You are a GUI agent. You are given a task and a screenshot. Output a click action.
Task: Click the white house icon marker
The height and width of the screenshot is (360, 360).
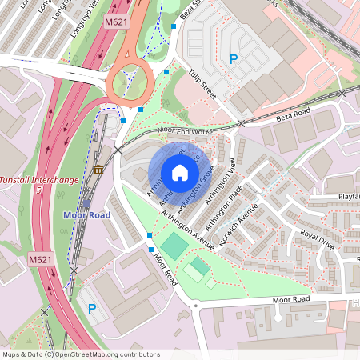coord(179,172)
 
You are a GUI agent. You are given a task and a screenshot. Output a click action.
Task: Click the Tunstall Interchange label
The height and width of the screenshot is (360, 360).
coord(39,180)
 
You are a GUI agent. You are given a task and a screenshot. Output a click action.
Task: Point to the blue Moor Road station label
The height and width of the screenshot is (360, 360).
coord(87,215)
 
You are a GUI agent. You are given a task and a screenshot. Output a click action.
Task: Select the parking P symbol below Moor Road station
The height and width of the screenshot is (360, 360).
coord(91,308)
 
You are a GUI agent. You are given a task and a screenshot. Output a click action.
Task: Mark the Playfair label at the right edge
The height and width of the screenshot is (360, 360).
coord(346,195)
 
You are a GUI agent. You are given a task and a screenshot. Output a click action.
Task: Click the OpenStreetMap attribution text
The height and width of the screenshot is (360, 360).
coord(80,354)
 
